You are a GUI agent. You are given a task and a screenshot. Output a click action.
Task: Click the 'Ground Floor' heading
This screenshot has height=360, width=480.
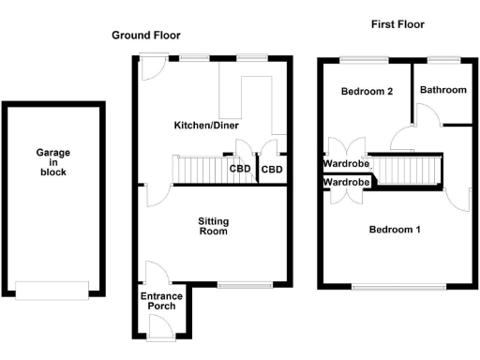(145, 35)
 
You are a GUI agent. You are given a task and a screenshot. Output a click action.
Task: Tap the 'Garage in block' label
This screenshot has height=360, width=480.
(52, 162)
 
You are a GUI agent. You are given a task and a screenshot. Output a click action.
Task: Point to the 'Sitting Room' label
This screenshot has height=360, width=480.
(214, 226)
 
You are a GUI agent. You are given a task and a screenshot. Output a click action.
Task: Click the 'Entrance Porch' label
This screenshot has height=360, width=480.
(159, 301)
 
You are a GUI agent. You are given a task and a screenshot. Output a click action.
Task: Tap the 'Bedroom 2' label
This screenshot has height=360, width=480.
(366, 91)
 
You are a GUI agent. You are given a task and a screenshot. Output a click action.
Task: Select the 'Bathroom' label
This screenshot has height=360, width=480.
(442, 90)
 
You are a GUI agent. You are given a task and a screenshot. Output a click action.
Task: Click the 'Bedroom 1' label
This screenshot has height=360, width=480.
(394, 230)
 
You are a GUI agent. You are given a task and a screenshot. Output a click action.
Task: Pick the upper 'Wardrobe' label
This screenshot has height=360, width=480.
(346, 163)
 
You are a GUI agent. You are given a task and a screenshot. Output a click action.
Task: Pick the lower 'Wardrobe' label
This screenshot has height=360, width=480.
(346, 182)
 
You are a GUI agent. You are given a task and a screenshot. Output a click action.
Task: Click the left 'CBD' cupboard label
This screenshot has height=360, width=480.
(241, 170)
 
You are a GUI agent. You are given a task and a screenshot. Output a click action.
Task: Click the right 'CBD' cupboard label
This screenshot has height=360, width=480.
(273, 170)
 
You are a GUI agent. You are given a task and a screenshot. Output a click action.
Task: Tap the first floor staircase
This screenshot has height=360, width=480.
(405, 171)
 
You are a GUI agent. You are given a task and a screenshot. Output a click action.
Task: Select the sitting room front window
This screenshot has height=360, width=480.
(245, 284)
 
